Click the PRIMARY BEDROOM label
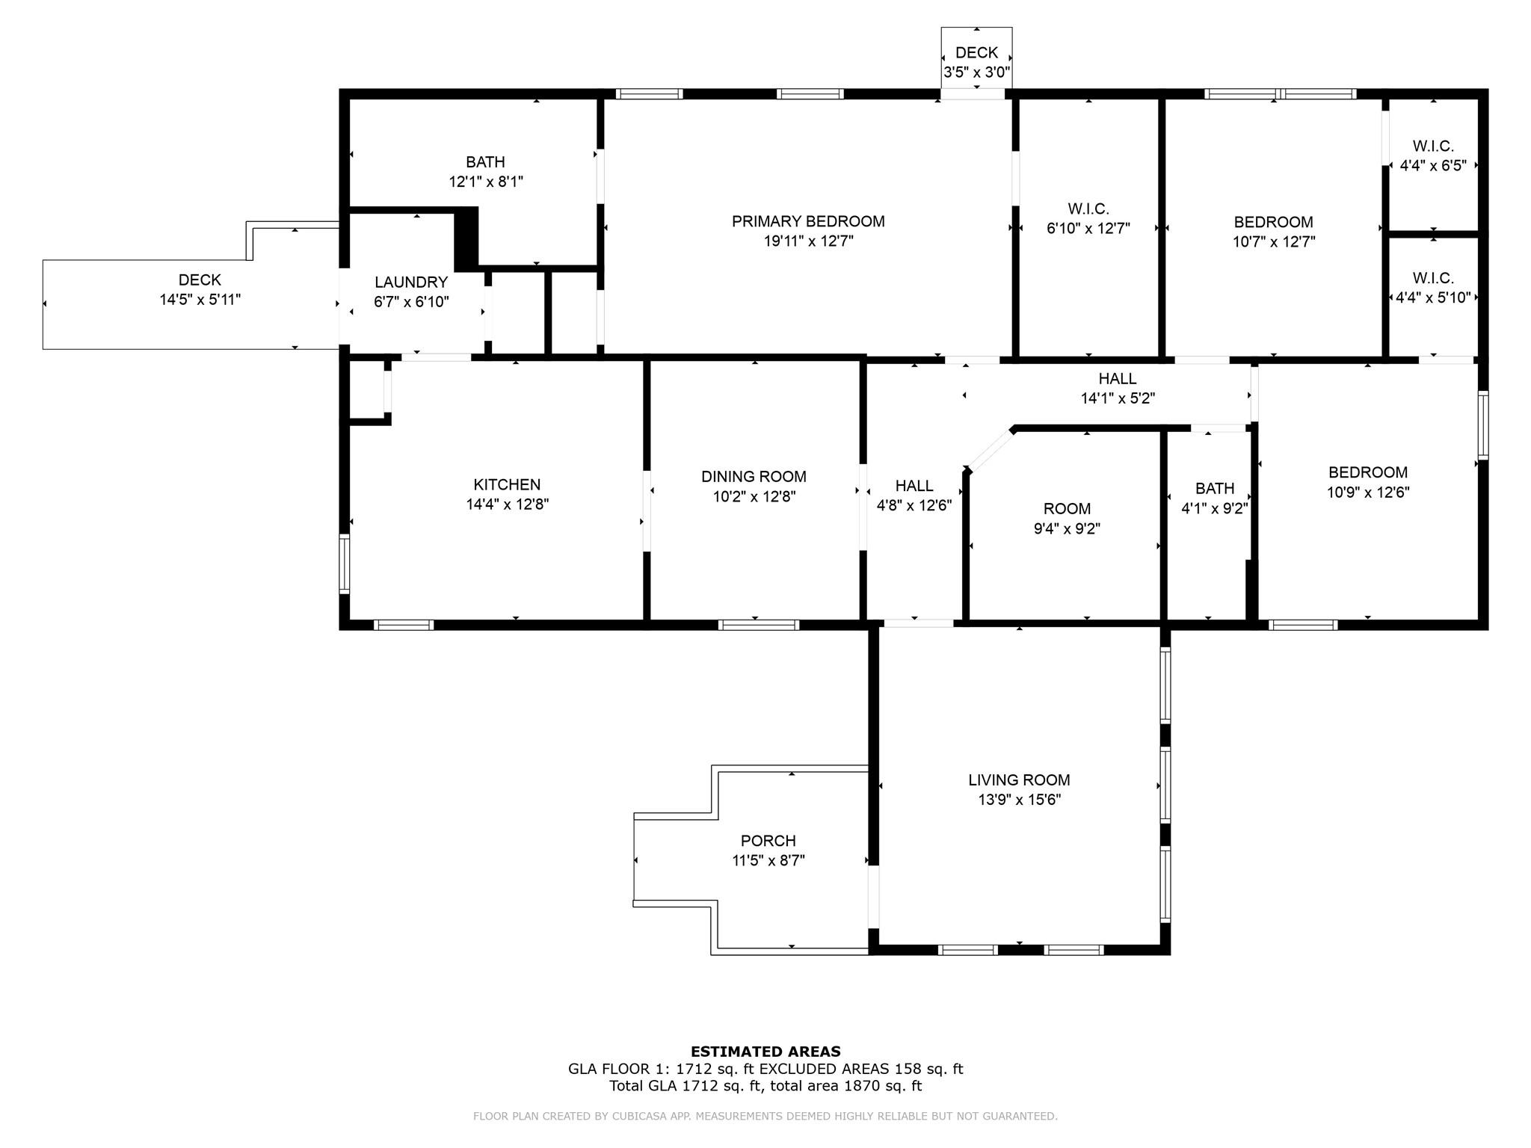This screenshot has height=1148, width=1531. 807,221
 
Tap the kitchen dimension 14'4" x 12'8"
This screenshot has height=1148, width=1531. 507,504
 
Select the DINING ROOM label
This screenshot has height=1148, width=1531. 754,477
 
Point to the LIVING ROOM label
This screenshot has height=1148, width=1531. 1019,780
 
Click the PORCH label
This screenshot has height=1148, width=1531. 768,841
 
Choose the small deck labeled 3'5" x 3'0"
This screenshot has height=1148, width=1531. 976,62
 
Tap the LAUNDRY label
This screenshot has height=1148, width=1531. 410,283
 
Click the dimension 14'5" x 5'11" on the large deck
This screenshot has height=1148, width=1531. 200,300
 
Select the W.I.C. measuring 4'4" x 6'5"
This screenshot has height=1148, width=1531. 1432,155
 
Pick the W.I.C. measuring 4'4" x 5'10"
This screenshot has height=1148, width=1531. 1432,288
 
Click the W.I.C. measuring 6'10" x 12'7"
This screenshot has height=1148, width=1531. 1088,218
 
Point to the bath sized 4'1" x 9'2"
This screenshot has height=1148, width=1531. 1214,499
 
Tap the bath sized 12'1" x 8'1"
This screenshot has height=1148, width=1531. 485,171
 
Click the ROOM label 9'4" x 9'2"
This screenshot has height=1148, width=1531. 1067,509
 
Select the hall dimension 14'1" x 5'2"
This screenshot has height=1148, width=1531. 1118,399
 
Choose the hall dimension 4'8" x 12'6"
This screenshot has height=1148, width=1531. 914,505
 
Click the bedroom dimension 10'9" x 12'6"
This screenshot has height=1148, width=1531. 1367,493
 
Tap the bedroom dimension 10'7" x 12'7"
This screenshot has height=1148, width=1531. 1273,241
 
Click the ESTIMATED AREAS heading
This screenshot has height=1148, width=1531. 765,1052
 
